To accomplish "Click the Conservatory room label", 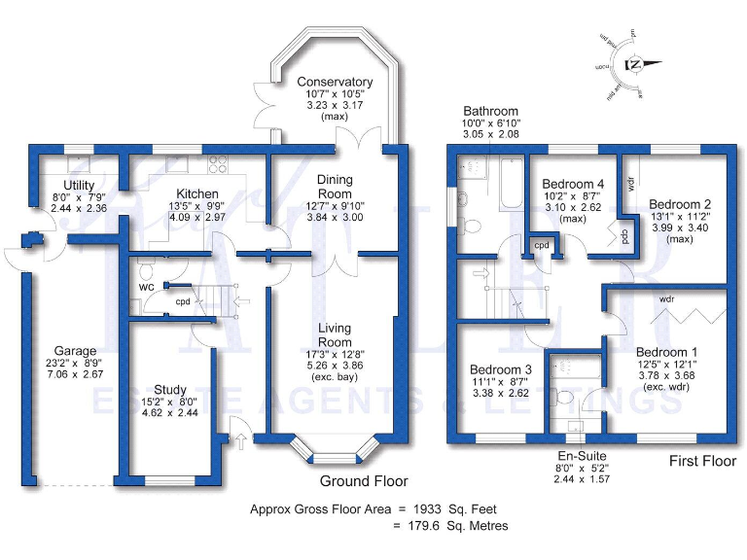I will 335,83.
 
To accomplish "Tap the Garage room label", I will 75,351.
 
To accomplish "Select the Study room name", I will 170,390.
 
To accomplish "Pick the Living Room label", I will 335,335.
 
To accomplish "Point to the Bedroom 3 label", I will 501,370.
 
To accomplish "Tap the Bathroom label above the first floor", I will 490,112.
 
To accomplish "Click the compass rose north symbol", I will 633,65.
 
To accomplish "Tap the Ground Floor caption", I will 364,481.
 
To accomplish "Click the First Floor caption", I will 701,461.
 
